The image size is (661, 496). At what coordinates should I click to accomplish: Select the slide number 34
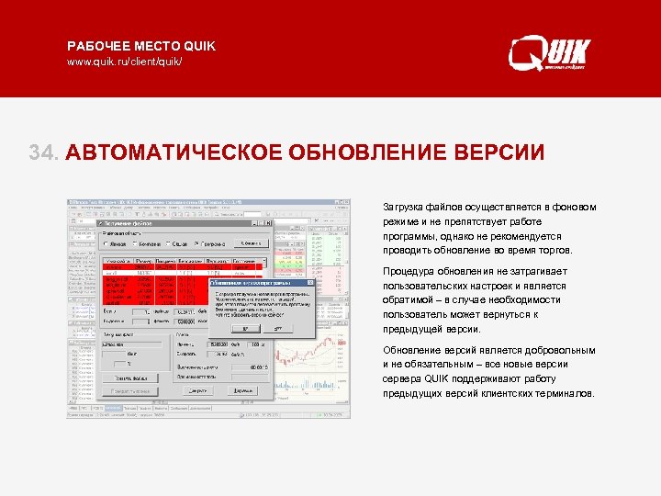point(43,152)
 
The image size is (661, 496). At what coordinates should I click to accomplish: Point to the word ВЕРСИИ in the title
point(501,152)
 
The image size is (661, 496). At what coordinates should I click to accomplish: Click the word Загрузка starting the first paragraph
point(402,208)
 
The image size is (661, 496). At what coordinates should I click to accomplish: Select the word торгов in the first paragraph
point(551,250)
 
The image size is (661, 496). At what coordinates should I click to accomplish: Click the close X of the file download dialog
point(268,223)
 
